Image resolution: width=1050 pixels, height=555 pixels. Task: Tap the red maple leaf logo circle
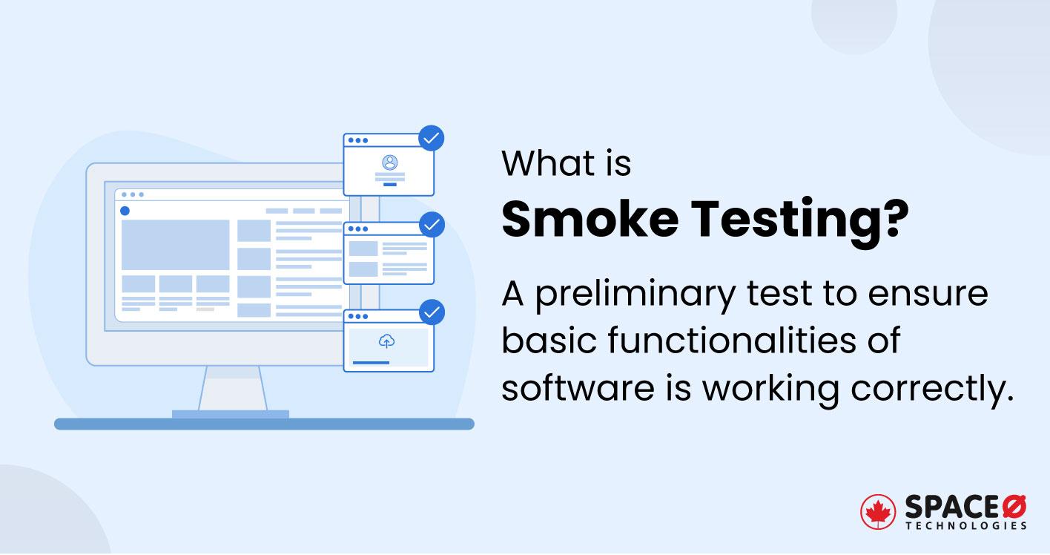[878, 512]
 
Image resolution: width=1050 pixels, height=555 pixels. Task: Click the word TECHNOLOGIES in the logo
[966, 526]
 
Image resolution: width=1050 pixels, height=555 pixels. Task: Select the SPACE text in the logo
[951, 507]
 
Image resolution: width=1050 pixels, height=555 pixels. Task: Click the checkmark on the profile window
[432, 138]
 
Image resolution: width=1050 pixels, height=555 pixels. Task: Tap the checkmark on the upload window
[432, 312]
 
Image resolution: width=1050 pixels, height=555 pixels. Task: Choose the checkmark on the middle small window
[432, 224]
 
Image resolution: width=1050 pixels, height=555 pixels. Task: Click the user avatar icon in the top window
[389, 162]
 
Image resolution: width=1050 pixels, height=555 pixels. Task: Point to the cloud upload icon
[386, 341]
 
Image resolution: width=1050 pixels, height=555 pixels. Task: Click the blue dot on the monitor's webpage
[125, 211]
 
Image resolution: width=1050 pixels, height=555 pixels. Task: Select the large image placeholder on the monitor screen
[176, 245]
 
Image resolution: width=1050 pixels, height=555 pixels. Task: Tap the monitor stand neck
[231, 388]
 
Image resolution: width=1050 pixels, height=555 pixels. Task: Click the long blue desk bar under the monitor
[264, 424]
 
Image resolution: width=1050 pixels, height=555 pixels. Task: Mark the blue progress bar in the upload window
[371, 363]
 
